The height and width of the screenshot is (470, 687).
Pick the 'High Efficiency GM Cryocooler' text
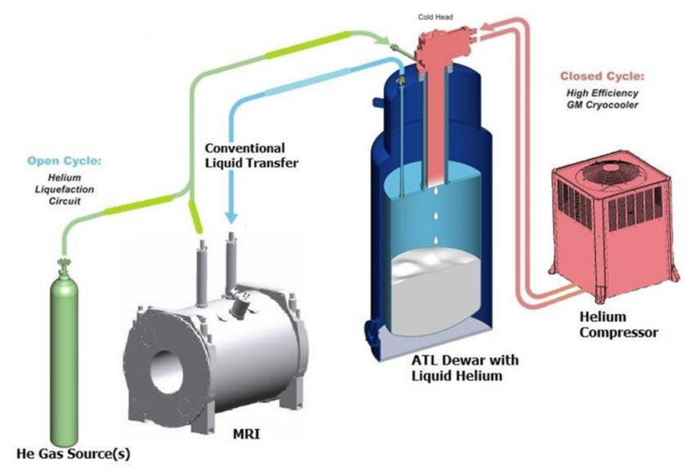coord(609,99)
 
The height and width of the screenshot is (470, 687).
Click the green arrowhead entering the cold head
coord(397,41)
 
